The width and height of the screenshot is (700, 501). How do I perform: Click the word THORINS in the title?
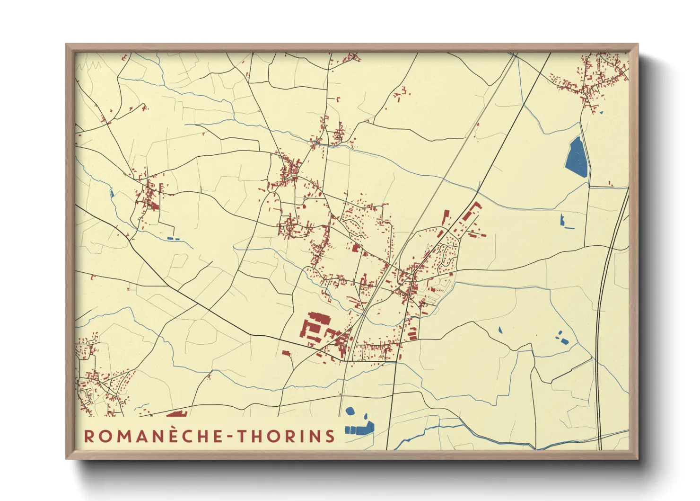[286, 436]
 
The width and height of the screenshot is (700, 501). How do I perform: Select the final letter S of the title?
[330, 436]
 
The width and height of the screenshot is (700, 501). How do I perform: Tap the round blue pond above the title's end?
[350, 411]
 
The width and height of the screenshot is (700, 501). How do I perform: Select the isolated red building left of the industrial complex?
[286, 353]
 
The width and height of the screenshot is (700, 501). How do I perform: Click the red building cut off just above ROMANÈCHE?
[177, 414]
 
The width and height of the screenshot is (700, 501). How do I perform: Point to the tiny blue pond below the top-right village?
[601, 112]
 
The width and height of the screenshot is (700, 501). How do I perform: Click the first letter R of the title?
[88, 436]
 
